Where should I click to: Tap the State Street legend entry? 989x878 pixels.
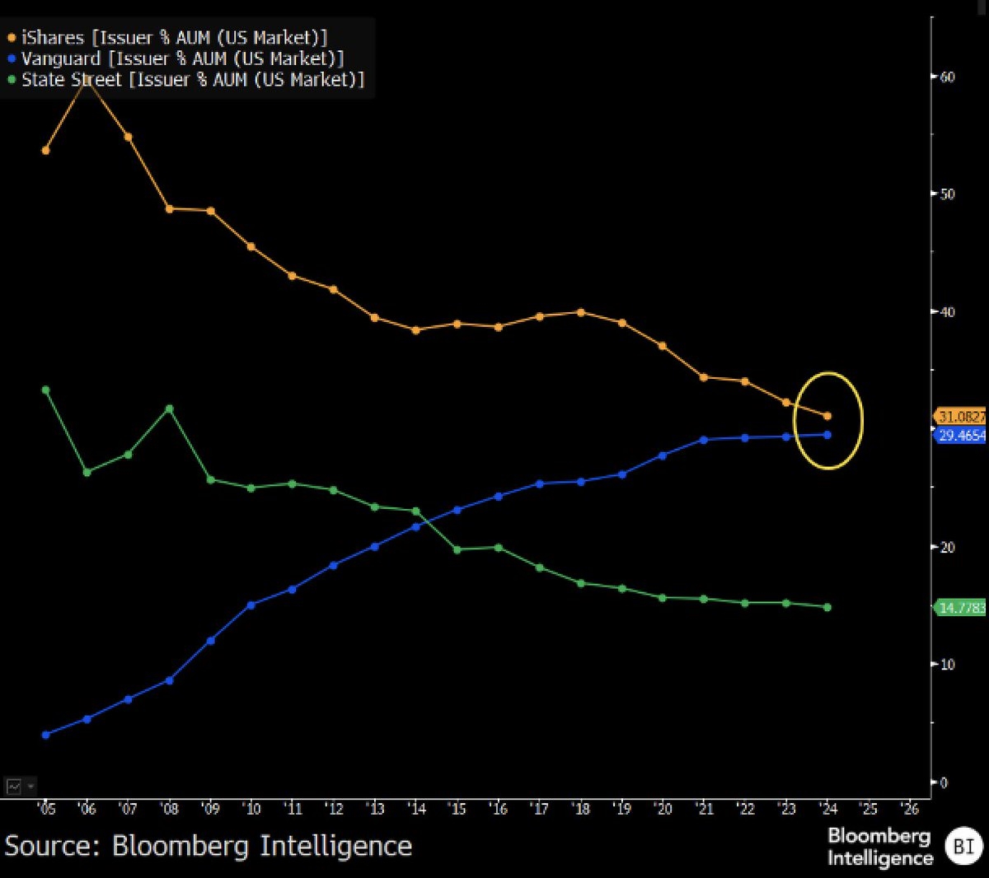tap(186, 80)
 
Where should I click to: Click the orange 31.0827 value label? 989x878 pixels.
tap(960, 417)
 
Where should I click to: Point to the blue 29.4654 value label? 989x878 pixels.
tap(961, 435)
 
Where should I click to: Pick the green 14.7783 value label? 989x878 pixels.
tap(961, 608)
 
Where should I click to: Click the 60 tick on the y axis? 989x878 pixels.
tap(947, 77)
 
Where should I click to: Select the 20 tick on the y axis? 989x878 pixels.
tap(947, 548)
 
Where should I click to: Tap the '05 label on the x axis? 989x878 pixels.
tap(46, 809)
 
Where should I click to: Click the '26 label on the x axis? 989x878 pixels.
tap(909, 809)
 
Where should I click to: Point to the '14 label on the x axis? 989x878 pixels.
tap(416, 809)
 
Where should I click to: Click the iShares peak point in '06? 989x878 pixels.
tap(87, 82)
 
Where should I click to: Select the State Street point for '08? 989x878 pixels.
tap(169, 409)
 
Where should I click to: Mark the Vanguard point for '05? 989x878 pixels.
tap(45, 735)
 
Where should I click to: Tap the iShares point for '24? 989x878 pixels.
tap(827, 416)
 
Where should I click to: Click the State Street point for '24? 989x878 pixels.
tap(827, 607)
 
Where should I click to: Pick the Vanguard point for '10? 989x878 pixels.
tap(251, 605)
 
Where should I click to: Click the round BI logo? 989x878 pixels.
tap(963, 846)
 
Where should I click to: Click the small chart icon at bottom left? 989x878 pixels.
tap(14, 787)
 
